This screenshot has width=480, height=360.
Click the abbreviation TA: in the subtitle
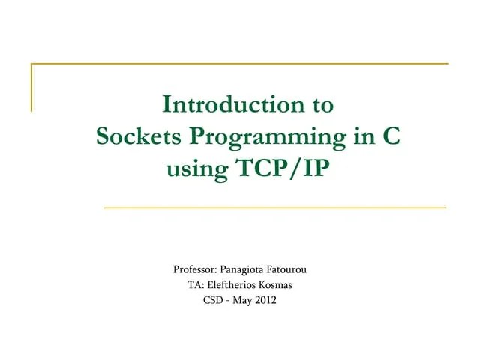coord(196,285)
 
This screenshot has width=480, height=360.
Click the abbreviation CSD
coord(214,301)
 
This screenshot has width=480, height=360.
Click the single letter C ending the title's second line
coord(390,137)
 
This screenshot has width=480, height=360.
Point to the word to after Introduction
coord(319,103)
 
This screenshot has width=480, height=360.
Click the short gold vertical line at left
coord(31,87)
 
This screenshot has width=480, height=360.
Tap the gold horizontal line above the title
coord(240,64)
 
